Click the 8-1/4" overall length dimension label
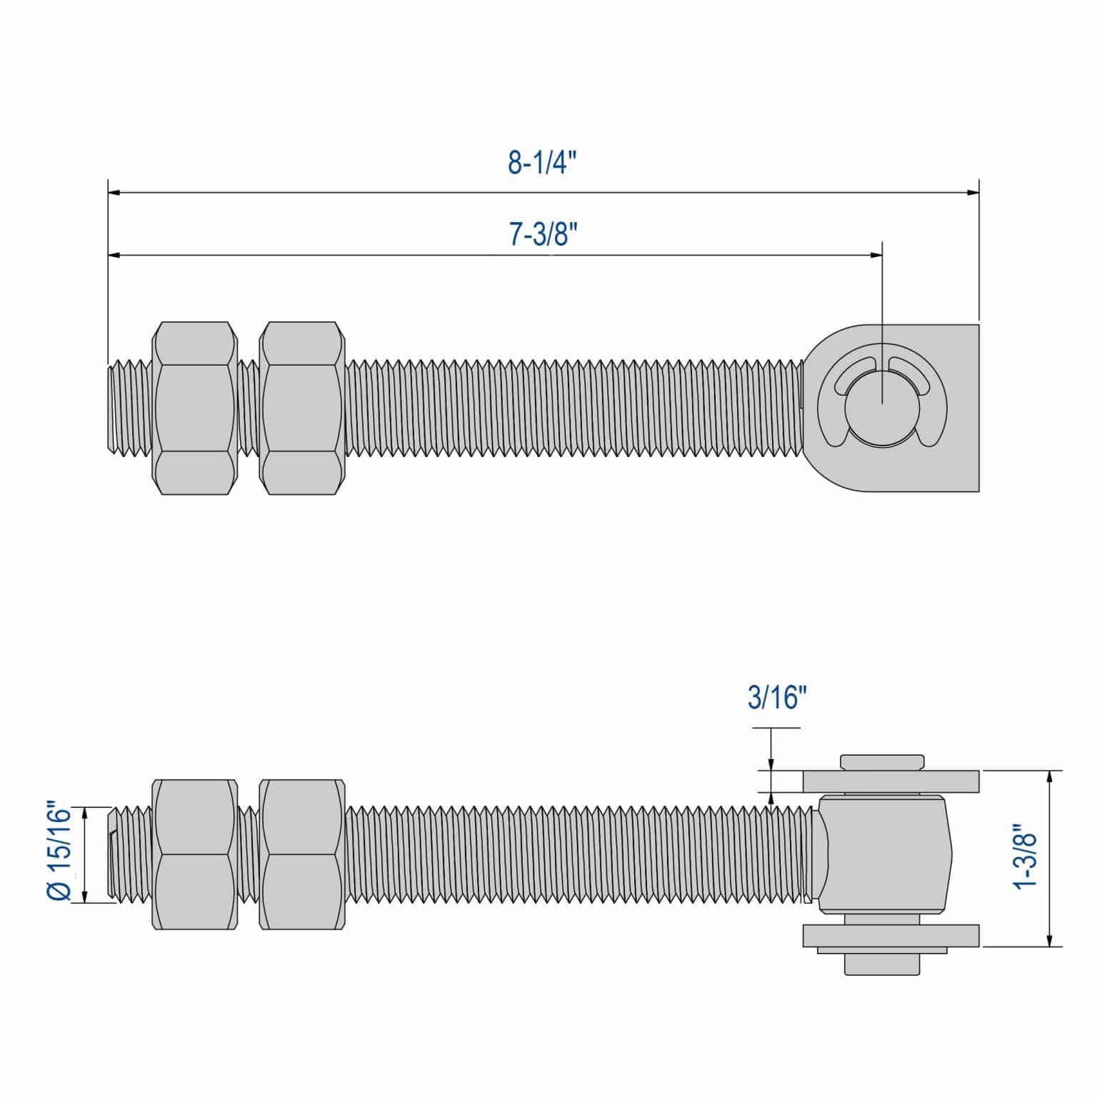542,163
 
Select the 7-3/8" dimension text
543,234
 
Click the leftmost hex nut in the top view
194,408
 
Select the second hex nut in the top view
301,408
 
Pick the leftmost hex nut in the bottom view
194,854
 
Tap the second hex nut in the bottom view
301,854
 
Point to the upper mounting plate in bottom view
891,781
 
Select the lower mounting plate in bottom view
891,935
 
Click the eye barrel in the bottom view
886,854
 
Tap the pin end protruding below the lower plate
882,964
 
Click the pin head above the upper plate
882,761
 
